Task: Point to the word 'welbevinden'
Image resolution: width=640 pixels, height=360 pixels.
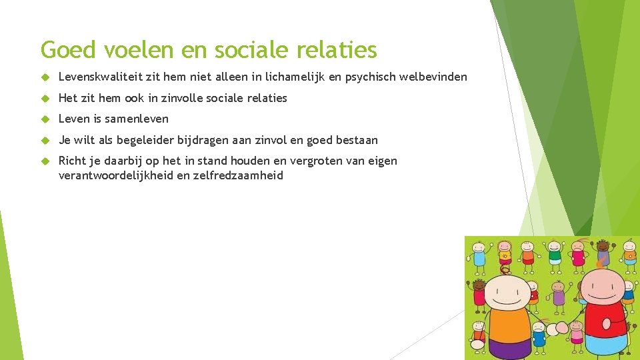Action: [x=433, y=77]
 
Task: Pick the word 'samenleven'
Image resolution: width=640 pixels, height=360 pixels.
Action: [x=137, y=119]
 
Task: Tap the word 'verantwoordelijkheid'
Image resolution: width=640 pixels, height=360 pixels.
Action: [x=116, y=176]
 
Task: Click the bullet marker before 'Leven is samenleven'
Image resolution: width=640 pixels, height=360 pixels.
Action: [x=46, y=119]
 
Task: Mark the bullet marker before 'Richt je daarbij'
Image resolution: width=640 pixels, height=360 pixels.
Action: [x=46, y=161]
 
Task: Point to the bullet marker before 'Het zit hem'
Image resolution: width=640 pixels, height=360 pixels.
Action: [x=46, y=98]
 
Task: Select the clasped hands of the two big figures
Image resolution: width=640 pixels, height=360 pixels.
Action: [x=557, y=329]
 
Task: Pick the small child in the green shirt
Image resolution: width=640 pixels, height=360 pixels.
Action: [x=553, y=255]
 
